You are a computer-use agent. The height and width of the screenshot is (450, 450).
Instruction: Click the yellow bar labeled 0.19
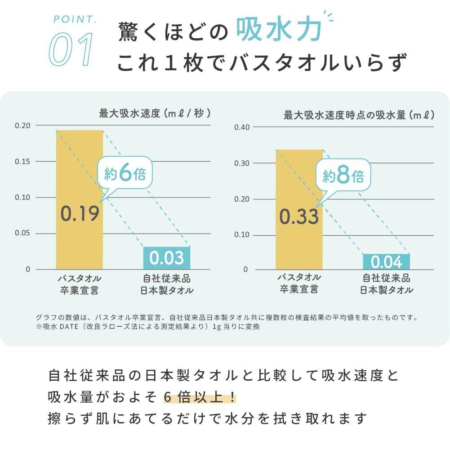coord(80,200)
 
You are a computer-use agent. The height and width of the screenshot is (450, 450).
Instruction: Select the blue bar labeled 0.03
coord(167,258)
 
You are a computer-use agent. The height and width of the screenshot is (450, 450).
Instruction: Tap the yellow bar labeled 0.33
coord(299,210)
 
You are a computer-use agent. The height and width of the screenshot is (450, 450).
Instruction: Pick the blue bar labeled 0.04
coord(386,261)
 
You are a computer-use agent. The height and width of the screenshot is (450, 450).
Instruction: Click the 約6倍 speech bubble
coord(125,173)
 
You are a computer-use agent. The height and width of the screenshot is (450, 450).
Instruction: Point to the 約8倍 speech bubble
coord(343,175)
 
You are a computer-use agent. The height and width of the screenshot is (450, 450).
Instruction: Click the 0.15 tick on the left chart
coord(22,162)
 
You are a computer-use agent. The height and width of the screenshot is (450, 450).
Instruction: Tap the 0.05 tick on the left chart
coord(22,233)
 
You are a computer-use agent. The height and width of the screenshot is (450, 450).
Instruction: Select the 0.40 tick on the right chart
coord(242,127)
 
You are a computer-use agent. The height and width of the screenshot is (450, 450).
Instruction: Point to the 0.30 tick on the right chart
coord(242,163)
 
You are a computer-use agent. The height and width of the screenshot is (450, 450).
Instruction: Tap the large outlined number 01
coord(71,49)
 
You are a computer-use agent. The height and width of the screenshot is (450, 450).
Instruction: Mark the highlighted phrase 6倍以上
coord(200,397)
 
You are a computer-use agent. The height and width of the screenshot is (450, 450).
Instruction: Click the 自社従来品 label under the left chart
coord(167,278)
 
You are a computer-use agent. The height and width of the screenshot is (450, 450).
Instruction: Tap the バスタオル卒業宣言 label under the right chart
coord(299,283)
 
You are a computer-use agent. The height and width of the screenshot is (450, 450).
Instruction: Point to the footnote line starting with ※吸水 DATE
coord(148,327)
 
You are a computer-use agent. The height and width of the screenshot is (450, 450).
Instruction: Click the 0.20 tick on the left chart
coord(22,126)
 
